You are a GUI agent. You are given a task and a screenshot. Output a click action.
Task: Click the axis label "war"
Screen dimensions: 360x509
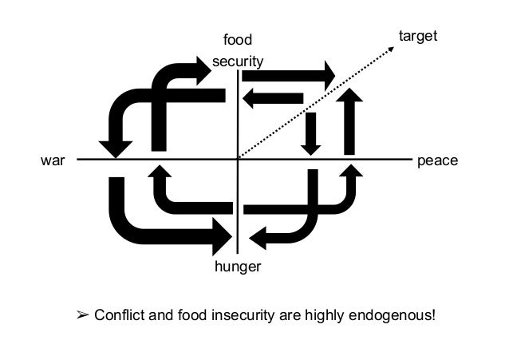[50, 160]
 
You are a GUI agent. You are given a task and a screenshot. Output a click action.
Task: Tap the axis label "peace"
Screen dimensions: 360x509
[437, 160]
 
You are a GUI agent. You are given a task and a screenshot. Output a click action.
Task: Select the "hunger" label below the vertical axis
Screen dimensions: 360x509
[238, 267]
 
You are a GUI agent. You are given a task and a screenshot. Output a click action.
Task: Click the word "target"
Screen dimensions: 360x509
[418, 36]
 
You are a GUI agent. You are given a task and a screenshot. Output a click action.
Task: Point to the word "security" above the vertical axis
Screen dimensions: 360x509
[238, 61]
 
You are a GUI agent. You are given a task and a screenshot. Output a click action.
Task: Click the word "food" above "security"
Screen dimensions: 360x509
[237, 40]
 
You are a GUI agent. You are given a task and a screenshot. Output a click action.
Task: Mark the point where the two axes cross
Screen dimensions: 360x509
[238, 160]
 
